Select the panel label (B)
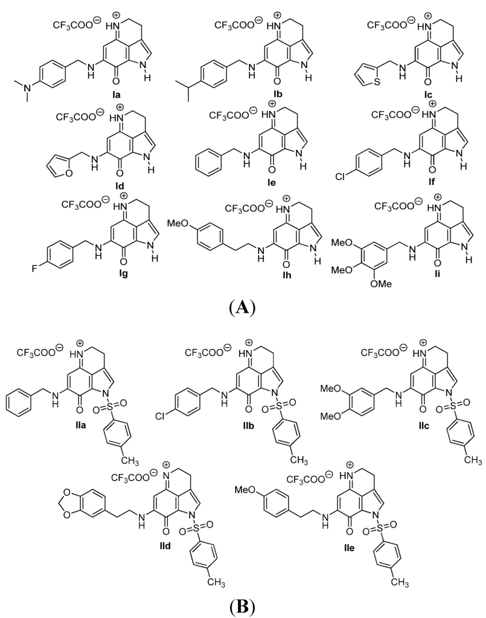pyautogui.click(x=243, y=604)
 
